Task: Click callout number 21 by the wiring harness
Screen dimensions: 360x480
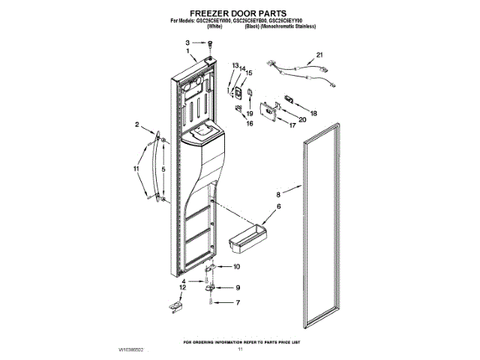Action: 319,55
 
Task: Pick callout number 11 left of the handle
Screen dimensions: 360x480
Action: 136,169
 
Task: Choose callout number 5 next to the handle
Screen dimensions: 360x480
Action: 163,170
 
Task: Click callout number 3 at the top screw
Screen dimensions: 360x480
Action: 188,43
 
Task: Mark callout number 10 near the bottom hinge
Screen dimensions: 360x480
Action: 237,267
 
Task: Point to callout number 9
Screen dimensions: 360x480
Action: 238,287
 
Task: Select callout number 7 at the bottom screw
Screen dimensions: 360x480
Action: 238,303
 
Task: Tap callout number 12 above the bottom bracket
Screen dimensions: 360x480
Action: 181,287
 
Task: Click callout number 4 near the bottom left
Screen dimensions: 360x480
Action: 182,280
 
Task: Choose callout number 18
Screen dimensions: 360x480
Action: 313,113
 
